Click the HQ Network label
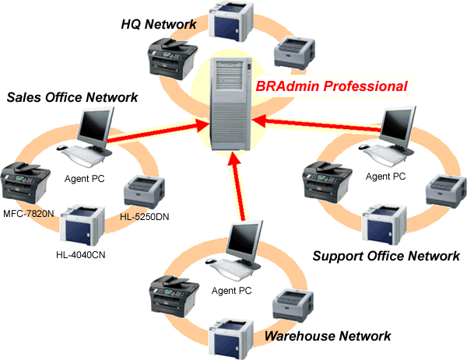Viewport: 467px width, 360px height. [158, 24]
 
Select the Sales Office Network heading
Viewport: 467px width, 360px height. [72, 97]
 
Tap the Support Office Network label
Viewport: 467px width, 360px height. [385, 255]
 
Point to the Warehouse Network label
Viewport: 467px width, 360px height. [327, 336]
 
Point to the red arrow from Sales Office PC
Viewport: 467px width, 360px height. [160, 131]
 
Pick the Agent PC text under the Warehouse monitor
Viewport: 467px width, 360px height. [232, 291]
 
